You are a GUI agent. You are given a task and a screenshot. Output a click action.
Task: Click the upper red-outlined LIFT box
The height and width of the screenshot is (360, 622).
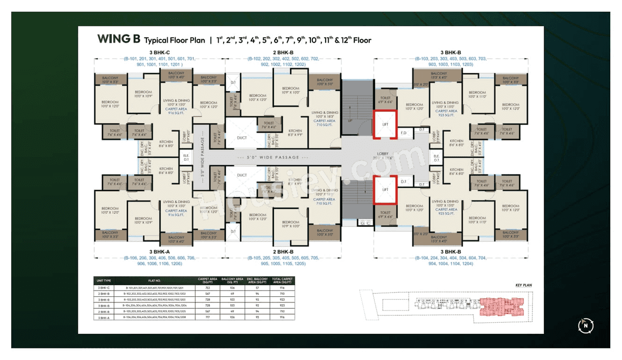click(x=385, y=125)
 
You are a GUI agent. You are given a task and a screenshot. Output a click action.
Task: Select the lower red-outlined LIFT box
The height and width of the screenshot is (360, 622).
click(x=385, y=189)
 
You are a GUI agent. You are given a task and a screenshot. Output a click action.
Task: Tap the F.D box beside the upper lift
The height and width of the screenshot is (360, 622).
click(x=403, y=132)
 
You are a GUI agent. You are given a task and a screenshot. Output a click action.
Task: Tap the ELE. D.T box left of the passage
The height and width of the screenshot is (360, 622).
click(x=186, y=157)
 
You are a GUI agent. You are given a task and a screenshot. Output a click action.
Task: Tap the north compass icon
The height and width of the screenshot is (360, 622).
click(x=586, y=326)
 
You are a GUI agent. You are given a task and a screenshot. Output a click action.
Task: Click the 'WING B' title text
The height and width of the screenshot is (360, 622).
click(x=119, y=39)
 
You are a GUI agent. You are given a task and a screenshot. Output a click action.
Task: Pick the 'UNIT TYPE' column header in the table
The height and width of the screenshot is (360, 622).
click(x=104, y=280)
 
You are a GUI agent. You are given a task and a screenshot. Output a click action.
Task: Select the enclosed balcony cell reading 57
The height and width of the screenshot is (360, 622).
click(x=257, y=288)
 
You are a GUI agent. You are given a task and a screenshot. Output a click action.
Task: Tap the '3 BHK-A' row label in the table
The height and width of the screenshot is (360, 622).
click(x=104, y=317)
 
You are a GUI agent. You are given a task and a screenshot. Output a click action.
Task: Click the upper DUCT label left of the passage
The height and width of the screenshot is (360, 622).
click(x=242, y=137)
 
